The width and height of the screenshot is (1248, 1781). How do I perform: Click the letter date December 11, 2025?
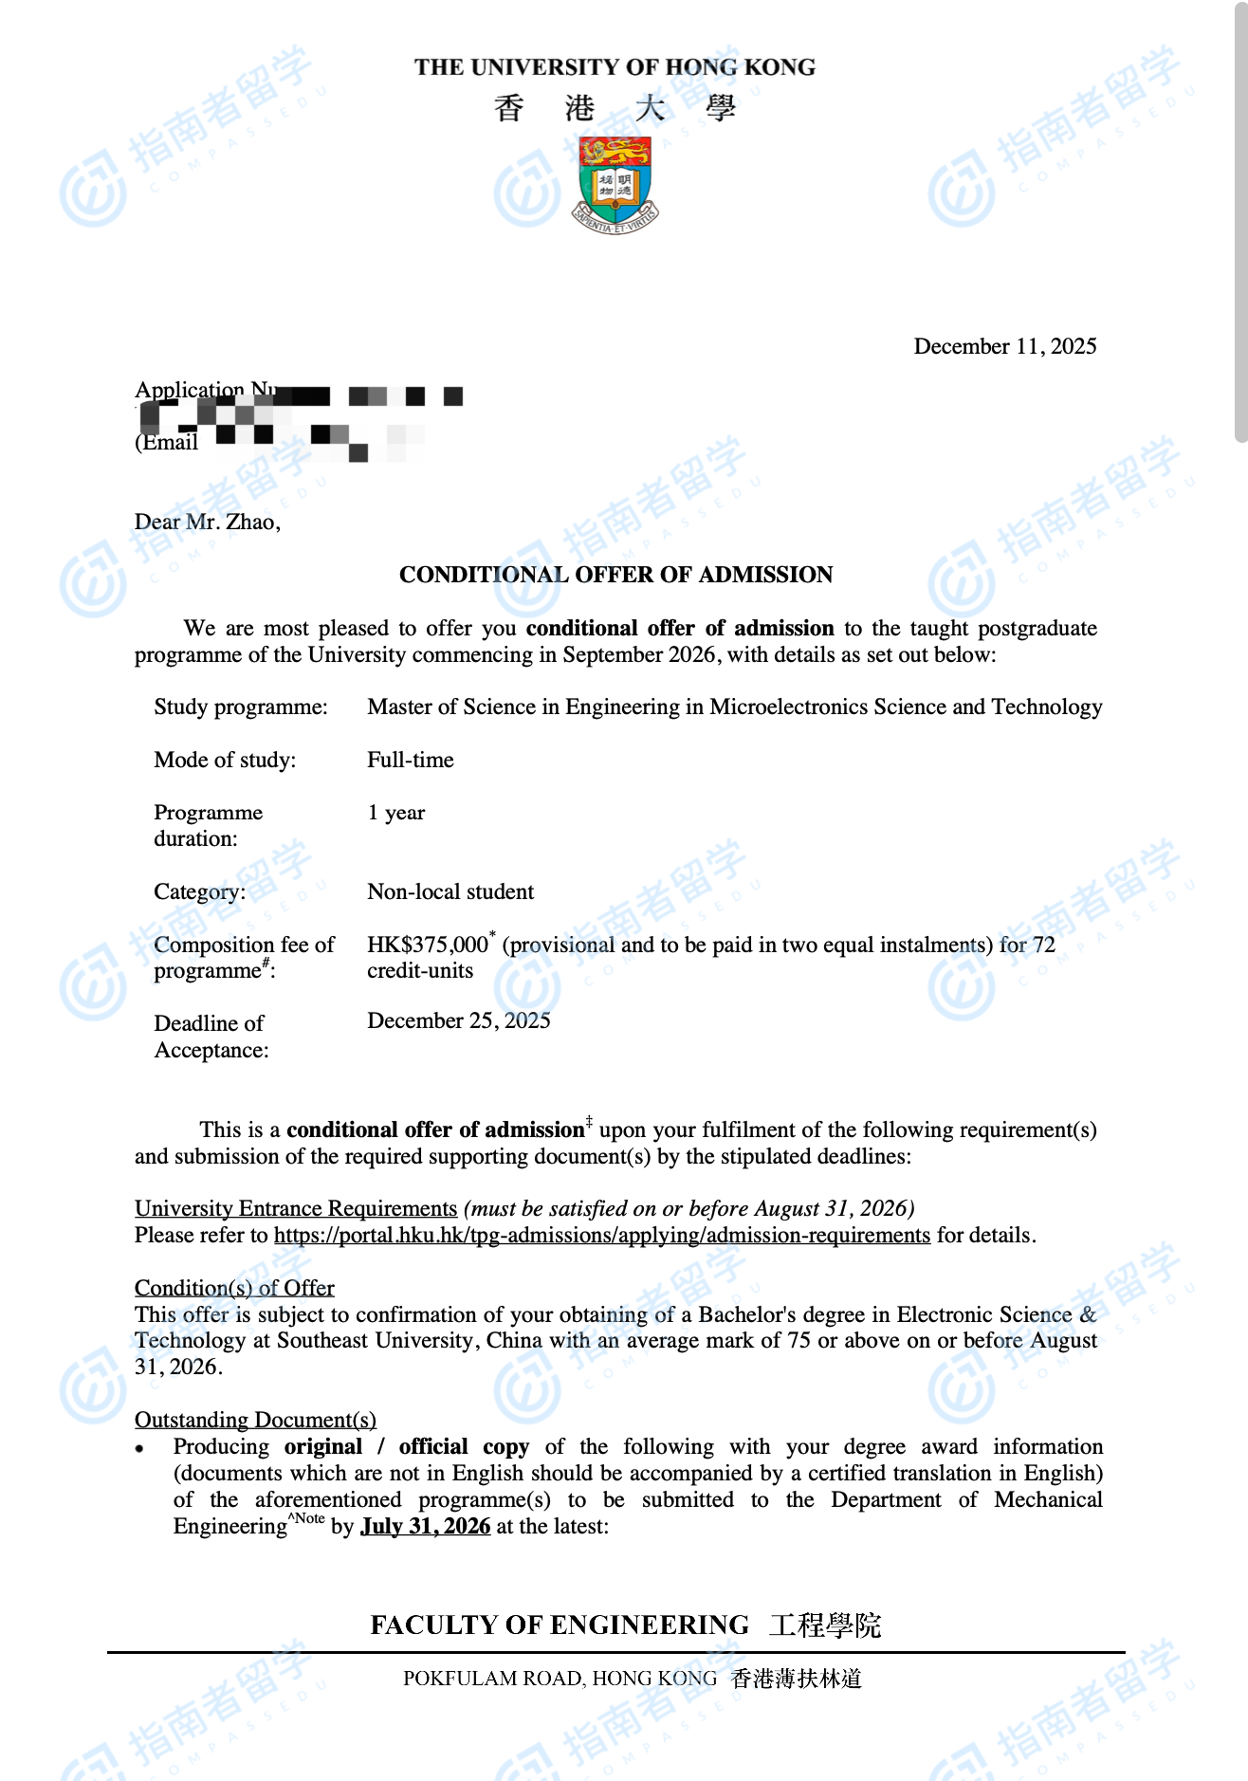pos(1004,346)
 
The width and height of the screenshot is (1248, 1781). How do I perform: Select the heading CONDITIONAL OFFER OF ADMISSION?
pos(615,575)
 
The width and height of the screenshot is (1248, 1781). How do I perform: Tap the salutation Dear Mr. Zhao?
pos(208,522)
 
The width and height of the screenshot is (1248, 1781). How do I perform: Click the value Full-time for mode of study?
pos(411,760)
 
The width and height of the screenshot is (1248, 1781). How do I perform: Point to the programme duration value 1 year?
pos(396,813)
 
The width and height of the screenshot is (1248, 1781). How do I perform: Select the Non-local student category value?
pos(450,891)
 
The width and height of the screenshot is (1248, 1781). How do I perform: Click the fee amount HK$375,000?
pos(428,945)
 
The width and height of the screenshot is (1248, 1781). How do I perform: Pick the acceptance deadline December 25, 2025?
pos(459,1020)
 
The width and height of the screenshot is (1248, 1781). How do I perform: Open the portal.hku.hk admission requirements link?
pos(602,1235)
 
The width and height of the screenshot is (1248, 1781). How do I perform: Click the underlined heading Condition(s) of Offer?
pos(234,1288)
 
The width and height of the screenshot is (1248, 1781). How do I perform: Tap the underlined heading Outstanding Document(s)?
pos(255,1420)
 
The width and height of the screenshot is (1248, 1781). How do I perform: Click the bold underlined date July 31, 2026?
pos(426,1526)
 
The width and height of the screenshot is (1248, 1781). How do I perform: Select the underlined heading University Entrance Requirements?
pos(296,1208)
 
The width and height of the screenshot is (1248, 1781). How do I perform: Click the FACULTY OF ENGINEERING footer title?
pos(560,1625)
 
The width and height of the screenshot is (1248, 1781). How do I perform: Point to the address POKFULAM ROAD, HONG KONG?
pos(560,1679)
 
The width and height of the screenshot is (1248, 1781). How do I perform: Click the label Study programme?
pos(241,707)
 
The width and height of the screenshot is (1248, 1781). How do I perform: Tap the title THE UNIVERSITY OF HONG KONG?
pos(615,67)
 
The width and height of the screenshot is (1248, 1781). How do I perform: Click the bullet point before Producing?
pos(139,1448)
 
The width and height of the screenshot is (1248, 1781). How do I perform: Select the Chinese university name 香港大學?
pos(615,108)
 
